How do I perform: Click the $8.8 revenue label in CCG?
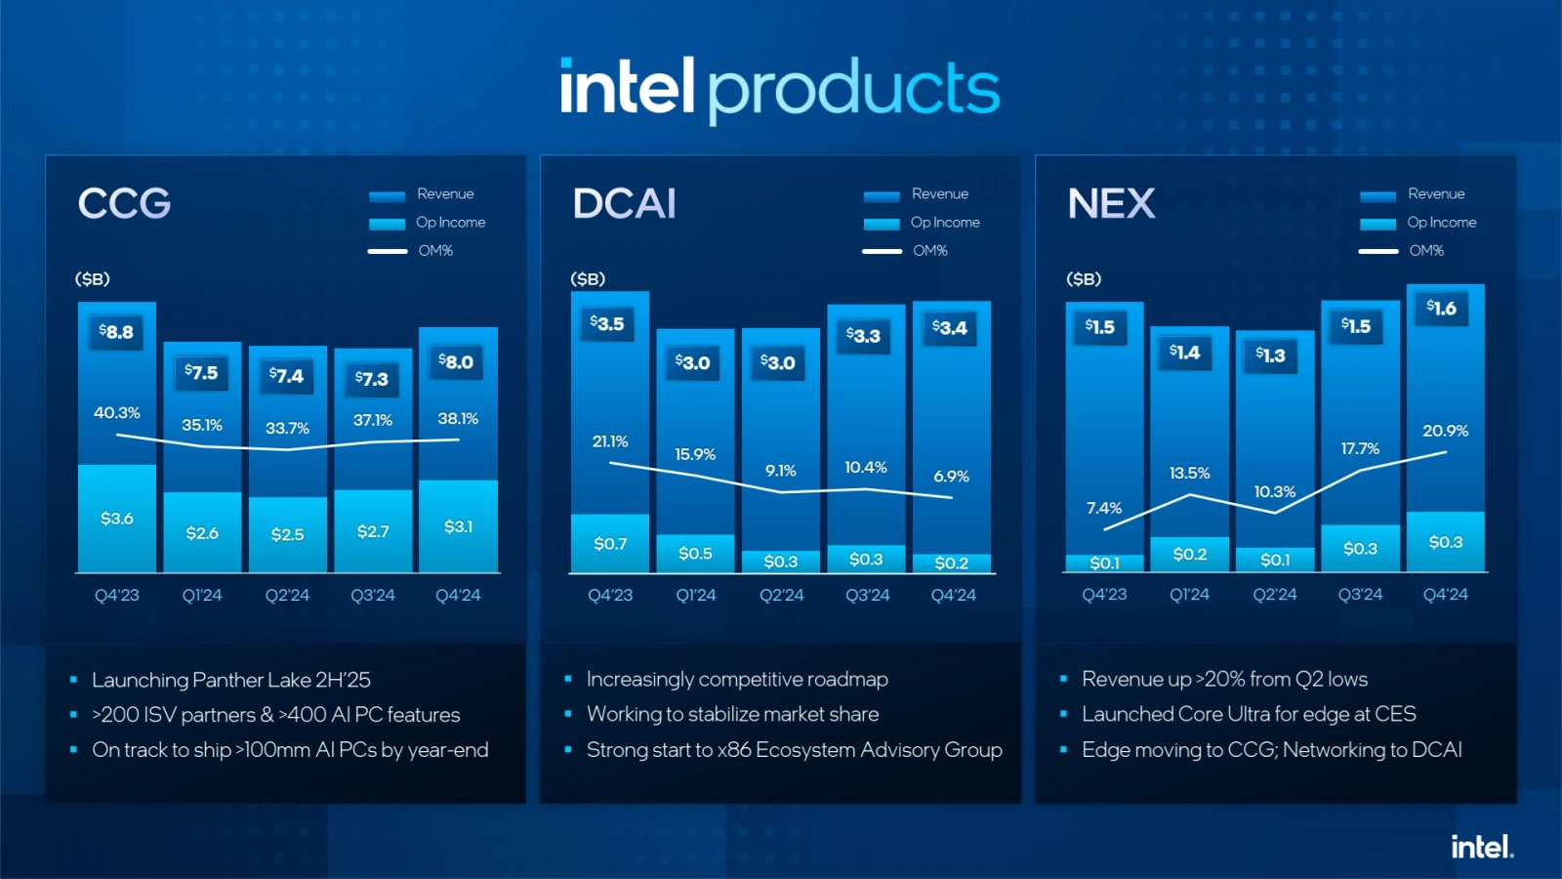[116, 332]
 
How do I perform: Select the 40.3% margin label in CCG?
[117, 413]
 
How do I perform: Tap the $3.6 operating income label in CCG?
[117, 519]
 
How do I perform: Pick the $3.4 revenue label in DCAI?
[950, 328]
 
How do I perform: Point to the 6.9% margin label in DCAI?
[952, 477]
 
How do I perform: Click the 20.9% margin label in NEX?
[1445, 431]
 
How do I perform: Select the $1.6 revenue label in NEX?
[1441, 309]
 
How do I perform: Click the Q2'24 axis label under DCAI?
[782, 595]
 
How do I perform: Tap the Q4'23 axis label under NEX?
[1104, 595]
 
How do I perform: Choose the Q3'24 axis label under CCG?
[373, 595]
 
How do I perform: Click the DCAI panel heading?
[625, 204]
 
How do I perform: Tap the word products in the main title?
[853, 90]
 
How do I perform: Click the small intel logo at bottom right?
[1481, 847]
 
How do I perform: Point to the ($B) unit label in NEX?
[1084, 279]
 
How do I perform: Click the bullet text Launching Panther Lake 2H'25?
[231, 680]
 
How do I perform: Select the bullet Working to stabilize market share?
[732, 715]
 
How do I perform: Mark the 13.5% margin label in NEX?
[1189, 474]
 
